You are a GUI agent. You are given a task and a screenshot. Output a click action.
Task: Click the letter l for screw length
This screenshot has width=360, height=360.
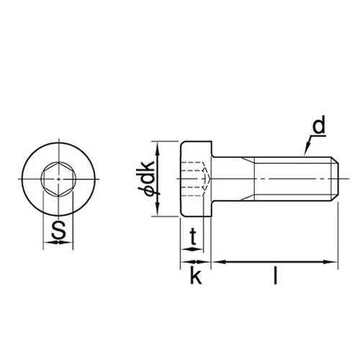(x=275, y=275)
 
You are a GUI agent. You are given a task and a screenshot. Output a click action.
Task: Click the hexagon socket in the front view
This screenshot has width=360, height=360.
(x=58, y=178)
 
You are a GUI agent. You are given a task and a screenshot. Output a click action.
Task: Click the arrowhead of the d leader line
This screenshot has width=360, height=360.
(x=306, y=152)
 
